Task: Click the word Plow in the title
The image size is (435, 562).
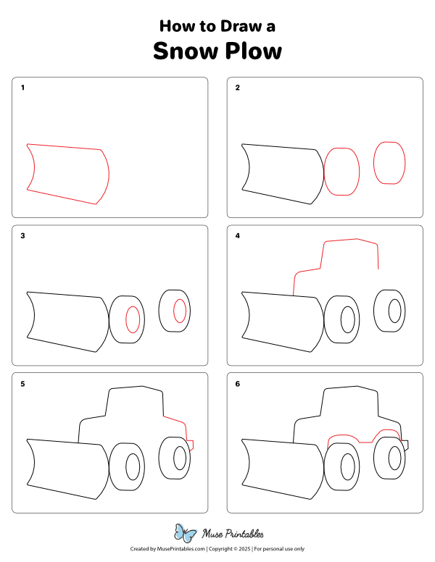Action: [252, 52]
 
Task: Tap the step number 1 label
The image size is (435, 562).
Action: [23, 88]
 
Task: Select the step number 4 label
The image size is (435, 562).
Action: [238, 235]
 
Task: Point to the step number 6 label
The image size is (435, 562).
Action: [238, 383]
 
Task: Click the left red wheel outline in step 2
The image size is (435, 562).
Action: [341, 172]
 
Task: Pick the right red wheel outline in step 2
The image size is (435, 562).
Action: [389, 163]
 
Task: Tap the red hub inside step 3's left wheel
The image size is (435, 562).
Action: [133, 319]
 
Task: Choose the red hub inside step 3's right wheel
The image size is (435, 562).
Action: [179, 311]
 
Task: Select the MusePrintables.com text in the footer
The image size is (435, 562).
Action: [179, 549]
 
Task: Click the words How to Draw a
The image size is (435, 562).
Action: [217, 27]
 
